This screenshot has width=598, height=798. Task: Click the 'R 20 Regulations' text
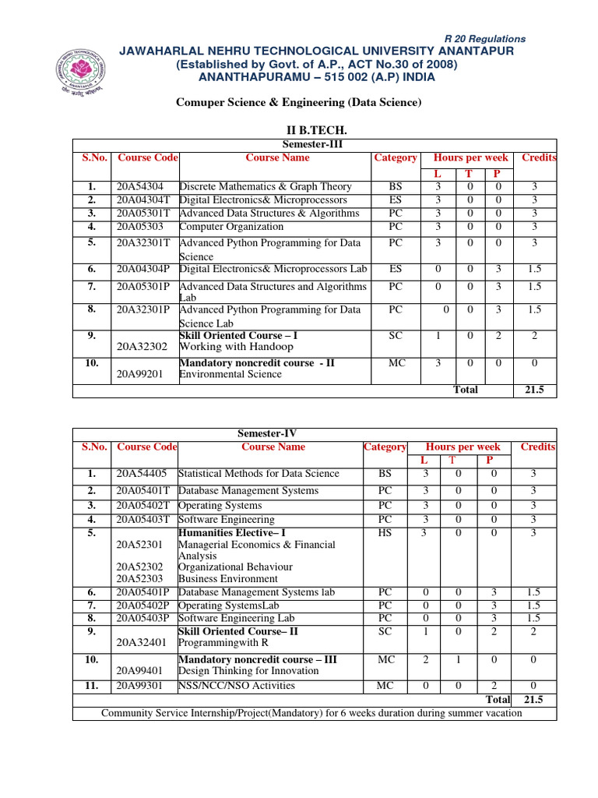[x=484, y=38]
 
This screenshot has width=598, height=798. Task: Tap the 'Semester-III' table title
[x=315, y=144]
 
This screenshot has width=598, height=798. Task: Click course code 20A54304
[x=141, y=187]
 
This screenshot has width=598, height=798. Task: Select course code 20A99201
[x=141, y=374]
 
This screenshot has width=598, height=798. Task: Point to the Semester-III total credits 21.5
[x=533, y=390]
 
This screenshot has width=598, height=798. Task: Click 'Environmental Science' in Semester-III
[x=230, y=374]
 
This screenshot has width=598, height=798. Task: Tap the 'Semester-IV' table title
[x=266, y=433]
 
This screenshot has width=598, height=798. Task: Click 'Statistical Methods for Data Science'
[x=259, y=474]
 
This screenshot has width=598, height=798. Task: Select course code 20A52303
[x=140, y=579]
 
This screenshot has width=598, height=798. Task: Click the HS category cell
[x=385, y=533]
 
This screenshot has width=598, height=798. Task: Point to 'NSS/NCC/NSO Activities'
[x=237, y=686]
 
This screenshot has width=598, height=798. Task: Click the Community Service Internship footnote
[x=311, y=713]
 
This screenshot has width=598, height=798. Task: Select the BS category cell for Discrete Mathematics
[x=395, y=187]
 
